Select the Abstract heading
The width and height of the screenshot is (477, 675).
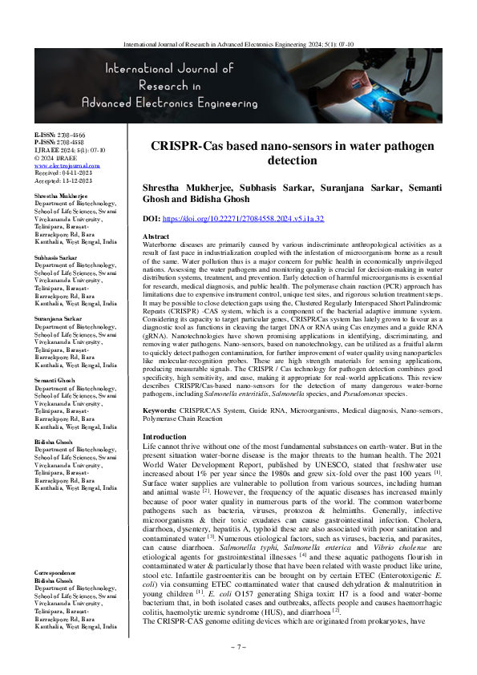point(156,237)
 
